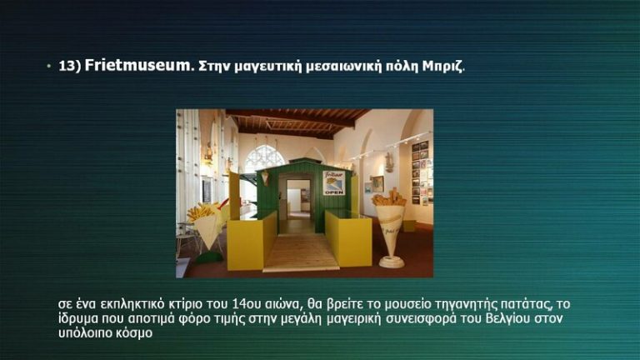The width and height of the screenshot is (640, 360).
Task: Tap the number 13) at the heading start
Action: point(69,66)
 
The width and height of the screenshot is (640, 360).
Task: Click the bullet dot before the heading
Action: point(49,65)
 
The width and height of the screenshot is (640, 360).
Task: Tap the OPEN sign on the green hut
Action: point(333,182)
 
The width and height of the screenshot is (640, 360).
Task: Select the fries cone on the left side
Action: point(204,225)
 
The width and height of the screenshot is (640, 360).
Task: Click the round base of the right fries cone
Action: point(391,262)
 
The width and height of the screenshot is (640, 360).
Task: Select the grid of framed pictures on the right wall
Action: point(422,171)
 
